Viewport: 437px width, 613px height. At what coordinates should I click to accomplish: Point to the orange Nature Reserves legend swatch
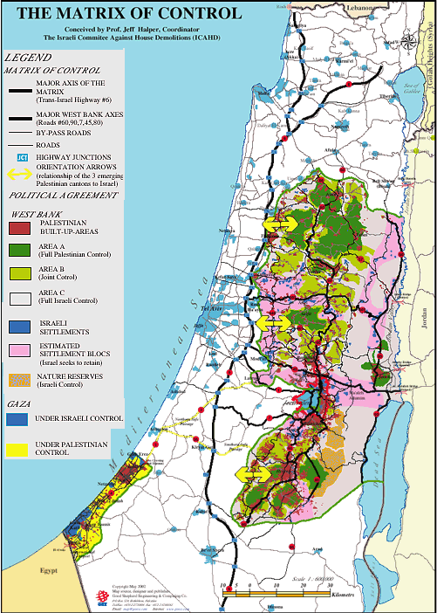pyautogui.click(x=19, y=380)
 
